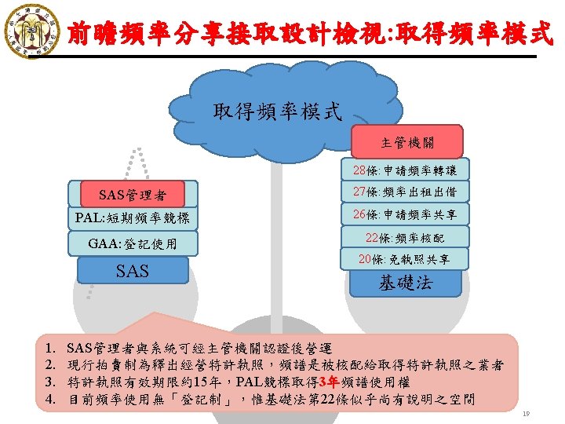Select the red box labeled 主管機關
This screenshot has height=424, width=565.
[x=406, y=144]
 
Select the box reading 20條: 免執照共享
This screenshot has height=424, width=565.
[x=405, y=258]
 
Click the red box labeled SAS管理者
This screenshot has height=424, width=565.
[x=131, y=194]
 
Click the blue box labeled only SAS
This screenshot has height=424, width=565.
[x=131, y=271]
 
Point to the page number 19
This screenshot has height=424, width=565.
[x=527, y=413]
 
